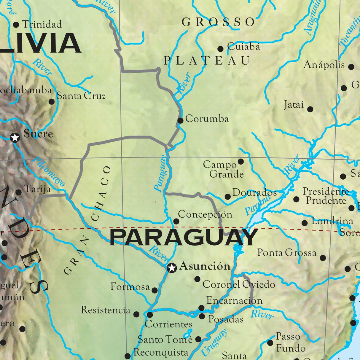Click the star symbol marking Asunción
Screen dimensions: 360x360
172,268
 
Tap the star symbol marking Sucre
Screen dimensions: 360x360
15,138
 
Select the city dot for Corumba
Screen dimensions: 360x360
180,120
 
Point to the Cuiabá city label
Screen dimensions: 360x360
243,47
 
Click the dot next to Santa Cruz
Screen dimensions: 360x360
52,102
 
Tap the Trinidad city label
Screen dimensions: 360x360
42,24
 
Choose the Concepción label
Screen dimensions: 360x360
205,214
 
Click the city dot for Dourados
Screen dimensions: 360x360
227,197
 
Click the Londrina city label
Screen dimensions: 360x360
332,221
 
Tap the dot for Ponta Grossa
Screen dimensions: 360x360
323,258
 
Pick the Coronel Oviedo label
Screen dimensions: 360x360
239,284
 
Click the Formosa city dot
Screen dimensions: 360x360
154,290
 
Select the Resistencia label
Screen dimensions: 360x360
106,310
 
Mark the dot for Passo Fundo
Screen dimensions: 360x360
270,343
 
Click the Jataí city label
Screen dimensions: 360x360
294,105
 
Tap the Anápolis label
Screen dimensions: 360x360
324,65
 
